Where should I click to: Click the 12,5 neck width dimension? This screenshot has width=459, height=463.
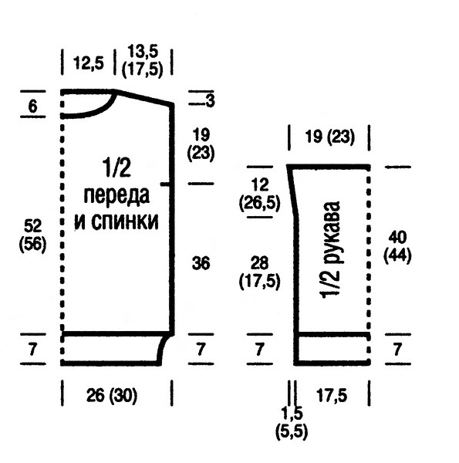[89, 63]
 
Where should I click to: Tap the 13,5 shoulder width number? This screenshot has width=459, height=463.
[143, 52]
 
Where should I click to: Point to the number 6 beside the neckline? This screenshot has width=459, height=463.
[32, 106]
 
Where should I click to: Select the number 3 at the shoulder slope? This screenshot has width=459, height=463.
[210, 100]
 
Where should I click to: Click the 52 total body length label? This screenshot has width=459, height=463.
[32, 226]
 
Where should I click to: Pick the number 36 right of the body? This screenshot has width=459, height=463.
[201, 263]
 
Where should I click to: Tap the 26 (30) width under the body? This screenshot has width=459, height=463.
[112, 395]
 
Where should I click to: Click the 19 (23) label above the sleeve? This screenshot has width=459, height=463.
[329, 137]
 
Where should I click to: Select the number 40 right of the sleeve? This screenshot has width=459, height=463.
[397, 237]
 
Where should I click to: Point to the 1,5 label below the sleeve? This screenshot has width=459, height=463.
[292, 414]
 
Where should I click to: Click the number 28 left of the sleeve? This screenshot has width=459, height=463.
[259, 263]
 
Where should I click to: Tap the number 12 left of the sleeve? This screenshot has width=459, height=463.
[260, 185]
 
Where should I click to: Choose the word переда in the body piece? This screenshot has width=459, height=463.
[116, 196]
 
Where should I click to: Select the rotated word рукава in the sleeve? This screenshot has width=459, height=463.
[331, 232]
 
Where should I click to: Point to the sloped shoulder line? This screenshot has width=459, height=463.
[144, 97]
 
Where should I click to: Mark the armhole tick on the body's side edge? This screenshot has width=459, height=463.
[165, 184]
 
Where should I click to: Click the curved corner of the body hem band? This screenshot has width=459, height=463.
[164, 349]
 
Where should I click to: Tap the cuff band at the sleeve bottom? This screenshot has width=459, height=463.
[333, 349]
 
